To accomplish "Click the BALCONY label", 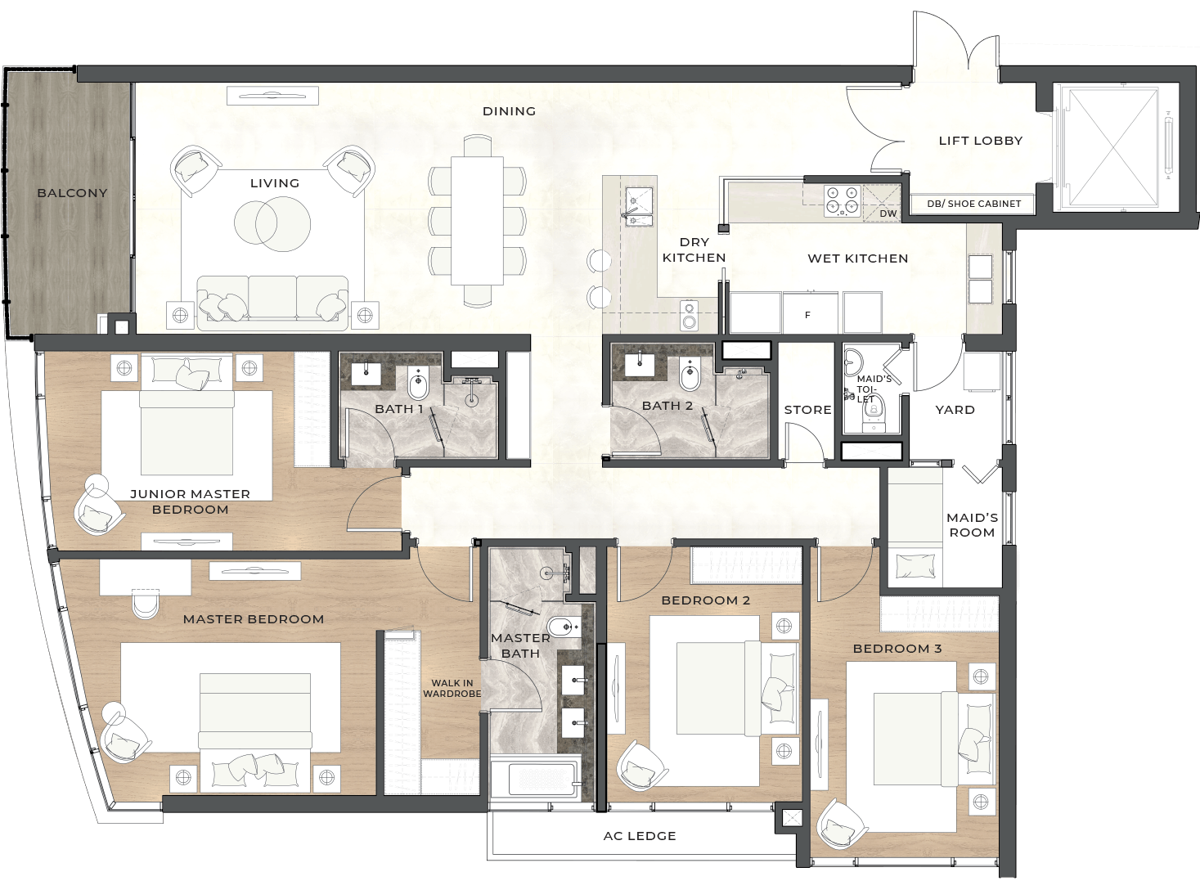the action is click(72, 193).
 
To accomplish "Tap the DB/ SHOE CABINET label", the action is click(974, 204).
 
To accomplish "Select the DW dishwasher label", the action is click(888, 214).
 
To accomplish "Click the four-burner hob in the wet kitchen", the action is click(843, 200).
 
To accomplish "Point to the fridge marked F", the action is click(809, 313).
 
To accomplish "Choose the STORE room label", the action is click(807, 410).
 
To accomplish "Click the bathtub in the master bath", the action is click(535, 779).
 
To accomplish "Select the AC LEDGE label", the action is click(640, 836).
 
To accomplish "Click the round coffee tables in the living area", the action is click(272, 223).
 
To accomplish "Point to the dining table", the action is click(477, 220).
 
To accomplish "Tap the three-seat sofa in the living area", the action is click(272, 303).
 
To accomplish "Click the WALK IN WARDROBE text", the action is click(452, 688).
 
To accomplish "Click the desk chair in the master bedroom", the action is click(146, 605).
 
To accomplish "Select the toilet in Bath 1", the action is click(418, 382).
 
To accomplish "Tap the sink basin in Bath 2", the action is click(639, 365).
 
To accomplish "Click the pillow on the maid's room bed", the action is click(915, 566).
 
